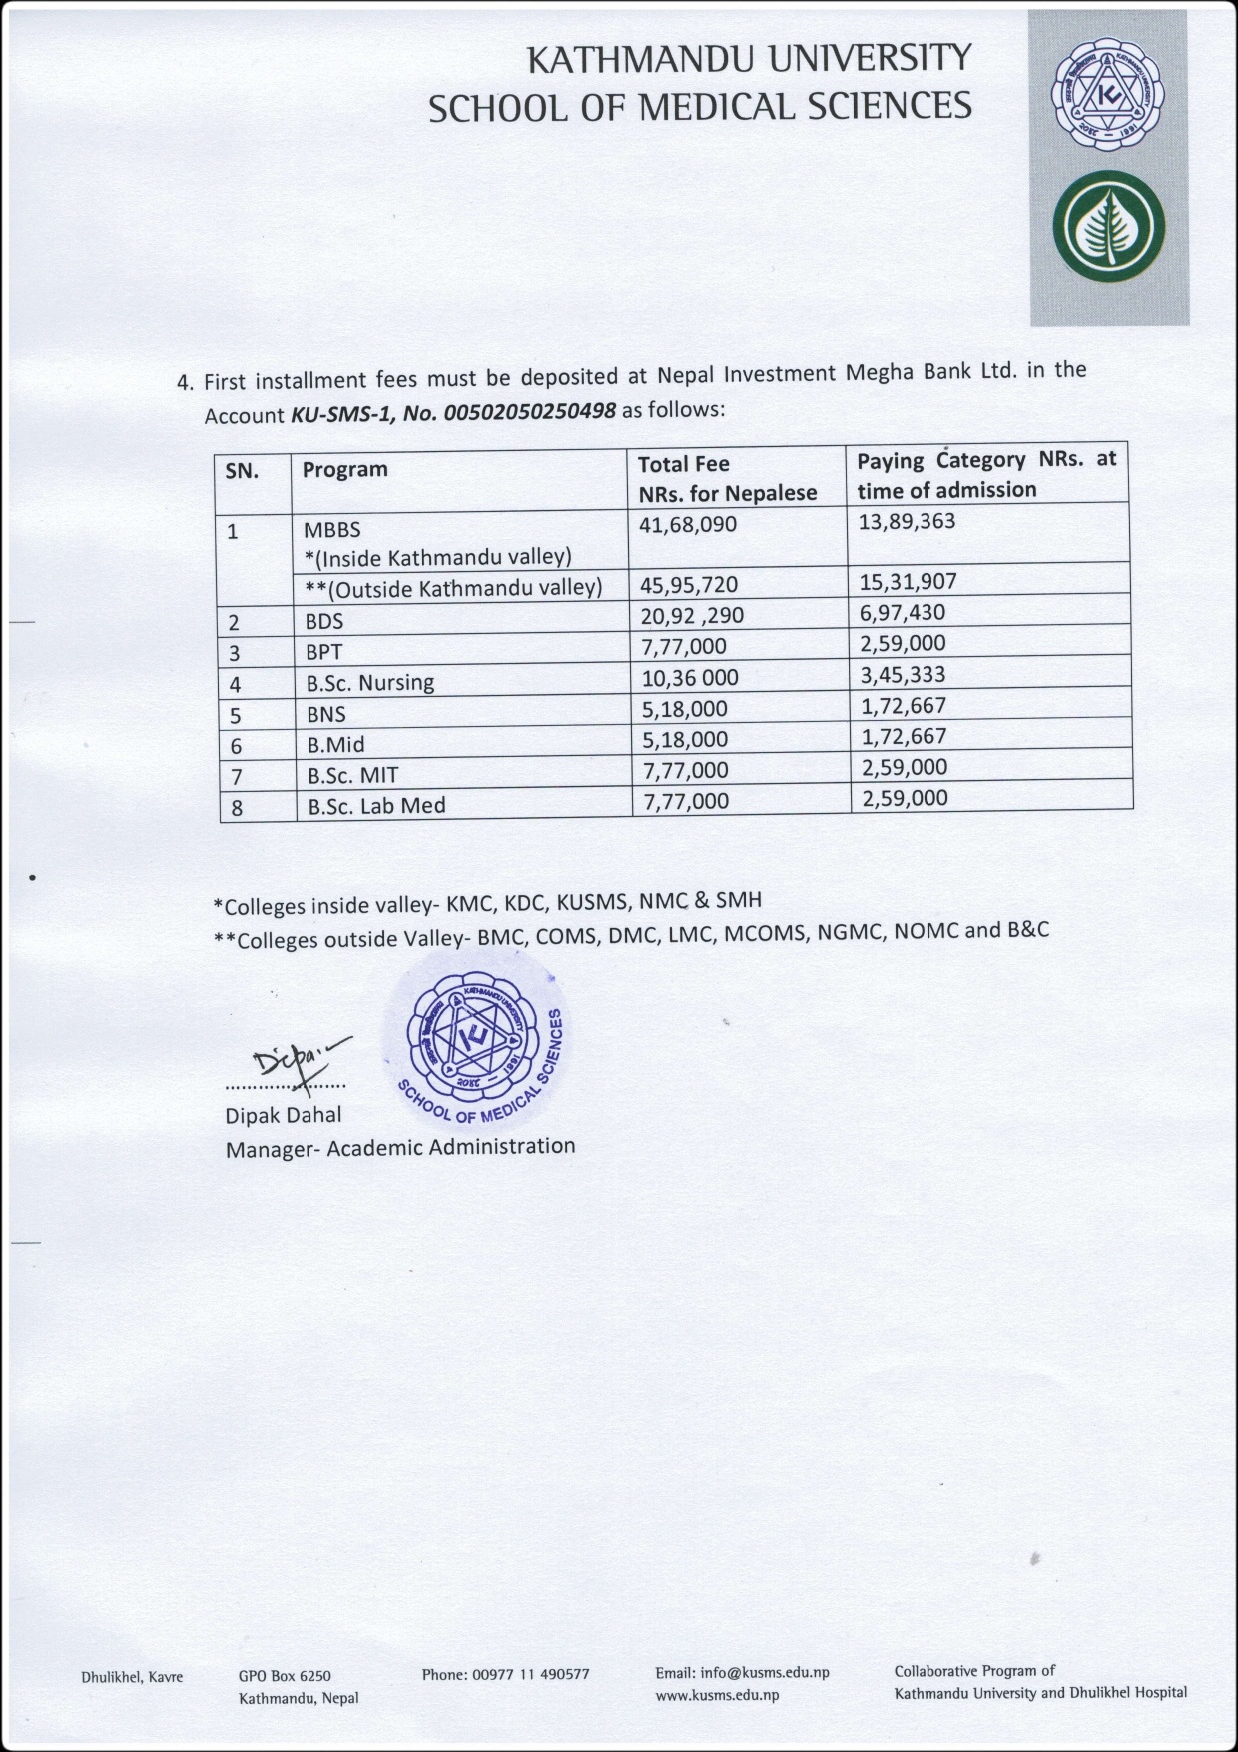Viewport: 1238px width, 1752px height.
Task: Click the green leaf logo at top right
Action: [x=1108, y=229]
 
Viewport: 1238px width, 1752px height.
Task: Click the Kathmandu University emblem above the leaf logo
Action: [x=1108, y=97]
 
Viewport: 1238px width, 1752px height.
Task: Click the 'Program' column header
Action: [x=344, y=469]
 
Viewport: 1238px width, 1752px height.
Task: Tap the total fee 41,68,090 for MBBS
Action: [x=688, y=524]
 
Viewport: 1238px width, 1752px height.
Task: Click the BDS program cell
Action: [x=324, y=621]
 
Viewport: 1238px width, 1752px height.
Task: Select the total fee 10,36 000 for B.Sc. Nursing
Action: [x=689, y=678]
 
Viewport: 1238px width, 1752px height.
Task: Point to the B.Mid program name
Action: [x=335, y=744]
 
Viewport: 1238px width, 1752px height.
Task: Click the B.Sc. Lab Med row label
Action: [x=376, y=806]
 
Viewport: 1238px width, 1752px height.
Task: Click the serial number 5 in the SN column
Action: [x=236, y=716]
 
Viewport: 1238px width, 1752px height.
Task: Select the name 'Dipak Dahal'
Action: [x=283, y=1115]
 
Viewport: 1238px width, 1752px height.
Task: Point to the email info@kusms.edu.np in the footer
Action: [x=742, y=1673]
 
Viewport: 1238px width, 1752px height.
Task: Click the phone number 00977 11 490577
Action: [x=505, y=1674]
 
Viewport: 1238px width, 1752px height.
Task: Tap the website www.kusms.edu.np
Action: [x=717, y=1695]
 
